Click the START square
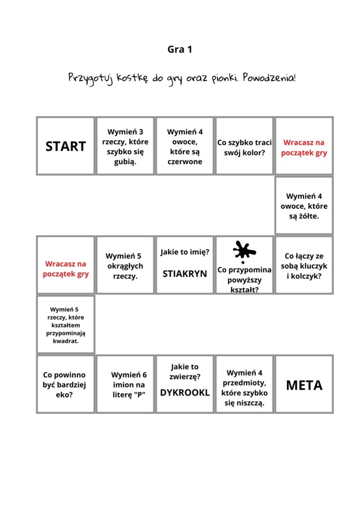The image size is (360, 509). (x=66, y=146)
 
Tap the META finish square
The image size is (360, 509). (x=304, y=385)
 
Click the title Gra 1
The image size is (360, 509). (x=180, y=50)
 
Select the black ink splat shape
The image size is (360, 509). (x=244, y=251)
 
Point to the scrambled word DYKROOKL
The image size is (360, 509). (x=185, y=392)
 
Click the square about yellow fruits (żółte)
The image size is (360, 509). (x=304, y=206)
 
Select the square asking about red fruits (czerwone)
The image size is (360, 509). (x=185, y=146)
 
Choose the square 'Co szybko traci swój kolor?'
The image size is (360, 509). (x=245, y=146)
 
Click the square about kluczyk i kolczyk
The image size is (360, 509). (x=304, y=265)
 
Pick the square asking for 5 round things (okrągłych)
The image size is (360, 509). (x=125, y=265)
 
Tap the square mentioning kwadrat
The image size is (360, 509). (x=66, y=325)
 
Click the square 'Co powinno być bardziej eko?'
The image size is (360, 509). (x=66, y=385)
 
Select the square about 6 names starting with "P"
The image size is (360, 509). (x=125, y=385)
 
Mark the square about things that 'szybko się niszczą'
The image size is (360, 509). (x=245, y=385)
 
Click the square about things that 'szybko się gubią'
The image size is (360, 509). (x=125, y=146)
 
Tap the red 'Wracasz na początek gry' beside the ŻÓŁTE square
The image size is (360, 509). (x=304, y=147)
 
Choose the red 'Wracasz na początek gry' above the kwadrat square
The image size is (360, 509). (x=66, y=269)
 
